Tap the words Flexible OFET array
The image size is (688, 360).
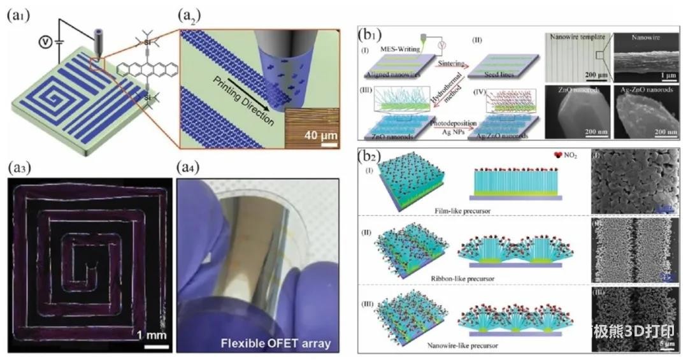(x=276, y=343)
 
